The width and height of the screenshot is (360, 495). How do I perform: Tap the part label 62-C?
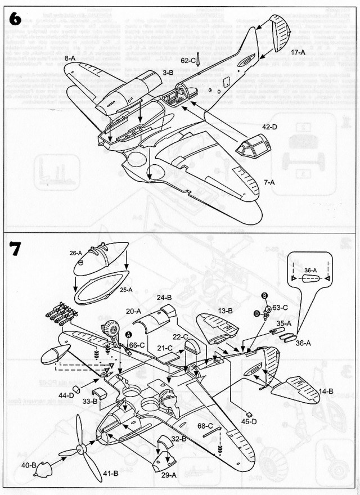(x=188, y=60)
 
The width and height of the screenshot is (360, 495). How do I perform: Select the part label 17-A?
(x=298, y=52)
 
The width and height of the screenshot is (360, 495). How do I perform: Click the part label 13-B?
(x=226, y=311)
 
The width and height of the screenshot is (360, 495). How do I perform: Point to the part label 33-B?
(x=91, y=401)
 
